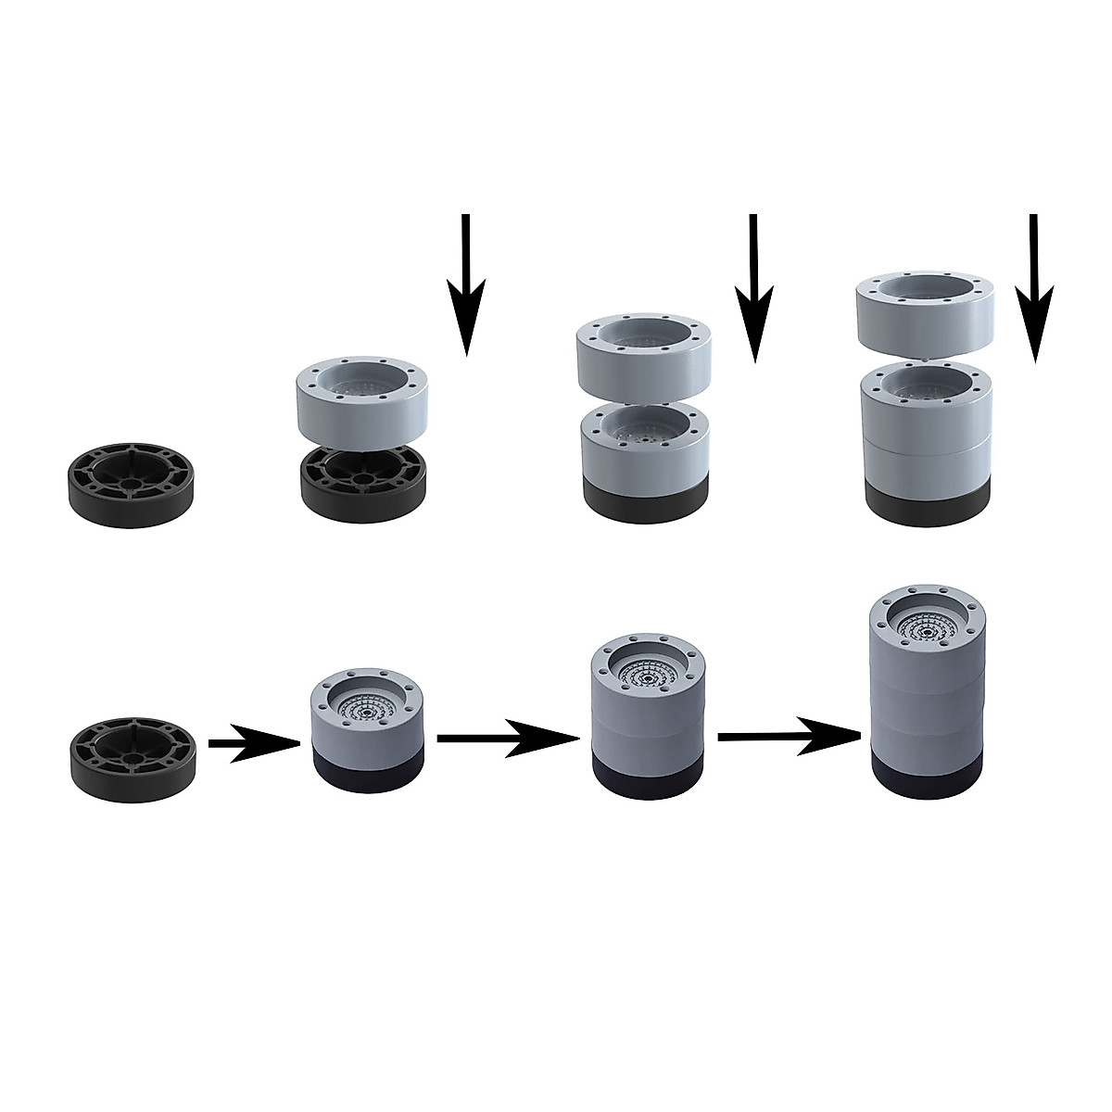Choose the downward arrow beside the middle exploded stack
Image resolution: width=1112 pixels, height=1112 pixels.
pos(754,287)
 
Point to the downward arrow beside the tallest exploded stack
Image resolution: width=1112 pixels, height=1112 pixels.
pos(1033,287)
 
